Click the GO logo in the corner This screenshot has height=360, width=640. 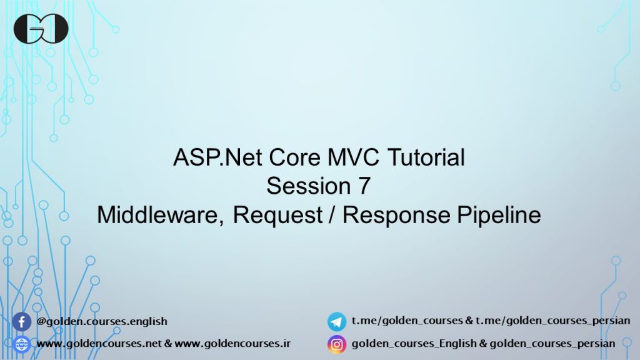tap(41, 29)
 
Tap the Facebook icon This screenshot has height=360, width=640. tap(22, 322)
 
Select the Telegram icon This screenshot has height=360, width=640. tap(337, 322)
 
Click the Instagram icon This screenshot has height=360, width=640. tap(337, 344)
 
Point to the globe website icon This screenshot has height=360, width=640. tap(22, 344)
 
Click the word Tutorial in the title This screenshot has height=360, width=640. tap(426, 157)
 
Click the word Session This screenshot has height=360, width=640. tap(309, 186)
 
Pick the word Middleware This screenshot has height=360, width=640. tap(160, 215)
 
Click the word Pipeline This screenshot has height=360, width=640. tap(499, 215)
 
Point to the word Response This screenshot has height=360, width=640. tap(396, 215)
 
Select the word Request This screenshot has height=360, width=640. tap(278, 215)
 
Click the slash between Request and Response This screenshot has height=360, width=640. tap(332, 215)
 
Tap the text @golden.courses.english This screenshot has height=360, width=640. tap(102, 321)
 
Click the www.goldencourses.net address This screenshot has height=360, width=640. tap(99, 343)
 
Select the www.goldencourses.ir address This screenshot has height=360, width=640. tap(232, 343)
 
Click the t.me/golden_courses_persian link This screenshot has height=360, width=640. tap(552, 321)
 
